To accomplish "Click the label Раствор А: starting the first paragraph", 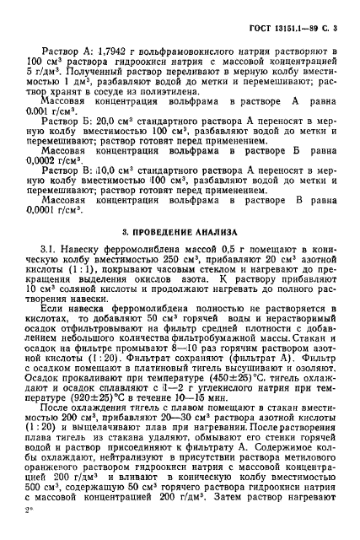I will (x=68, y=52).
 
